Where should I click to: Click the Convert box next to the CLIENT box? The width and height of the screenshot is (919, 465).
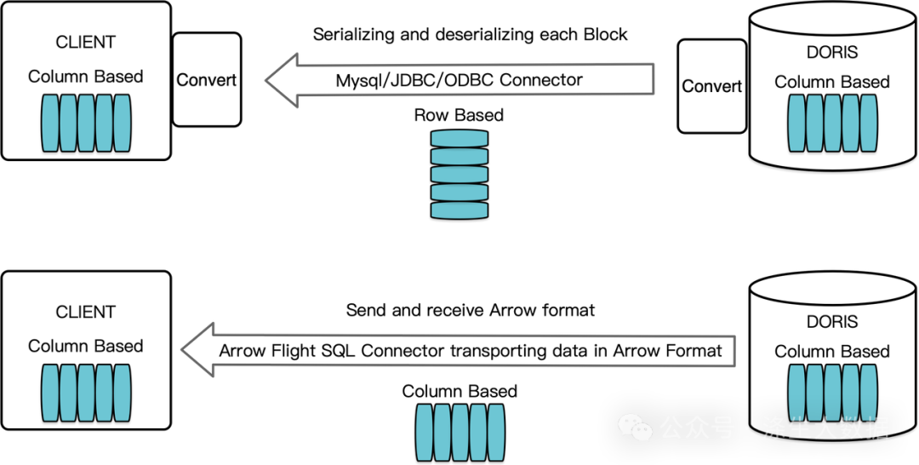[206, 80]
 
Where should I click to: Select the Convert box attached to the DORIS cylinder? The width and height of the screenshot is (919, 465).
[711, 86]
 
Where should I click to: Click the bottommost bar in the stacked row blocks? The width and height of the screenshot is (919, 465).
[459, 210]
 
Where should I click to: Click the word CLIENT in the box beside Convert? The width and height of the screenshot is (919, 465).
[85, 42]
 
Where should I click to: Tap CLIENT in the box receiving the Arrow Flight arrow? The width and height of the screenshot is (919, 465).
[85, 312]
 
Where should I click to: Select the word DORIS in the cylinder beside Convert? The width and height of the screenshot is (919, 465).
[831, 52]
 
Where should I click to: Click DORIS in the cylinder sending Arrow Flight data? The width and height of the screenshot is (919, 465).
[831, 322]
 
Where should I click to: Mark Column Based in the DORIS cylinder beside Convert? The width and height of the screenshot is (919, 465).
[831, 82]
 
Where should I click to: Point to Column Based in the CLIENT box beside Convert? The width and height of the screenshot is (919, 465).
[85, 76]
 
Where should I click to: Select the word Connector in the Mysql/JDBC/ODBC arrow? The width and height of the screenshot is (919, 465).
[541, 80]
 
